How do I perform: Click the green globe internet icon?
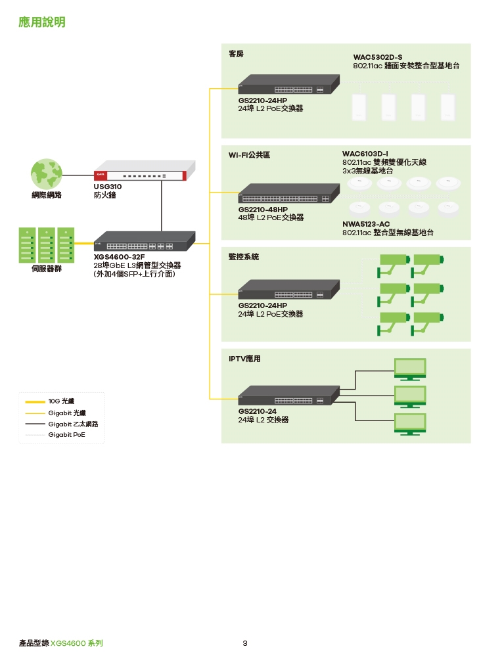pos(46,173)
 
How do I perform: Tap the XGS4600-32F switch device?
pos(145,240)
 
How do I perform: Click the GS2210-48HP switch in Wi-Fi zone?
pos(288,193)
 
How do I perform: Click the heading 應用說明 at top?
pos(42,23)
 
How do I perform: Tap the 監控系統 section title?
pos(244,257)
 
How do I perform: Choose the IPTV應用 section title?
pos(244,359)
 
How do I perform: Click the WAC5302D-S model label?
pos(378,58)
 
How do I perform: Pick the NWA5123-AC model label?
pos(366,224)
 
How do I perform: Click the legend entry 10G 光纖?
pos(61,401)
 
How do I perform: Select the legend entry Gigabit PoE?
pos(66,435)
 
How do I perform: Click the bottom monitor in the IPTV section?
pos(409,422)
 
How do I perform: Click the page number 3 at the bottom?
pos(245,643)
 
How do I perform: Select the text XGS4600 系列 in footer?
pos(77,643)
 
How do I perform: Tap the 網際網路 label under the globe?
pos(46,195)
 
